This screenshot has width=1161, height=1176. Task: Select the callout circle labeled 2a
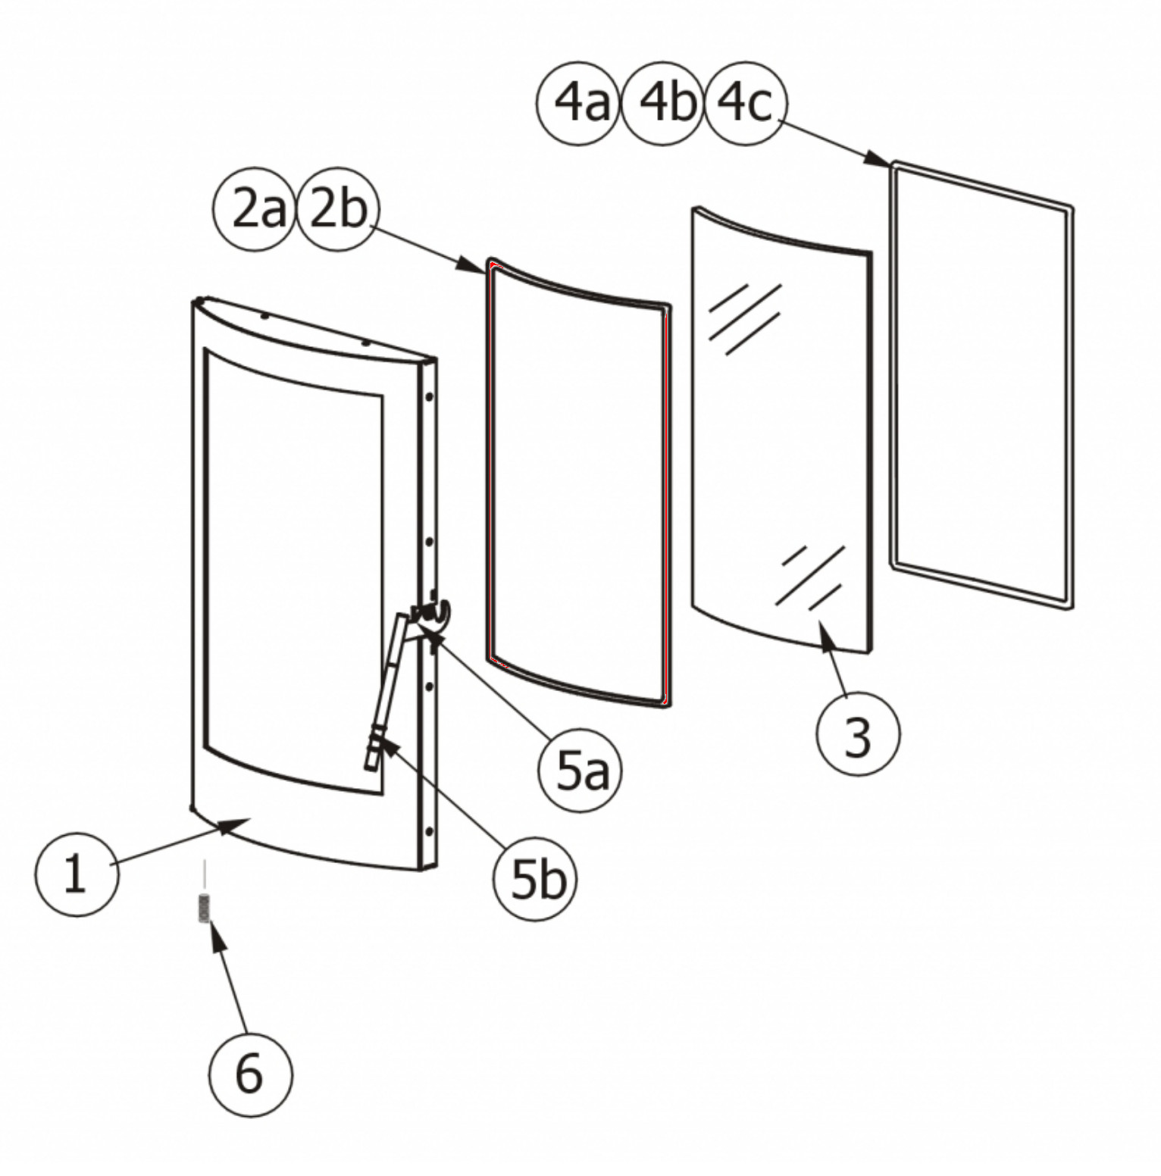[255, 209]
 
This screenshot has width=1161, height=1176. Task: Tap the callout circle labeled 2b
[336, 209]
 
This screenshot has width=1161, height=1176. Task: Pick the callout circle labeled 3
[858, 734]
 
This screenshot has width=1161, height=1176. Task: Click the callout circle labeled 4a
[578, 103]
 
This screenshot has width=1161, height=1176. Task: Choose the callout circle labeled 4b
[663, 103]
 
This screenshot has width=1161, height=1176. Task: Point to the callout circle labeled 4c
[746, 103]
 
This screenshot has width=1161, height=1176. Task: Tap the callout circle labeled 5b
[535, 879]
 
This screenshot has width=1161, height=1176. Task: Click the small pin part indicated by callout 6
[203, 907]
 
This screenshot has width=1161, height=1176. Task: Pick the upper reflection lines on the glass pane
[743, 318]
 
